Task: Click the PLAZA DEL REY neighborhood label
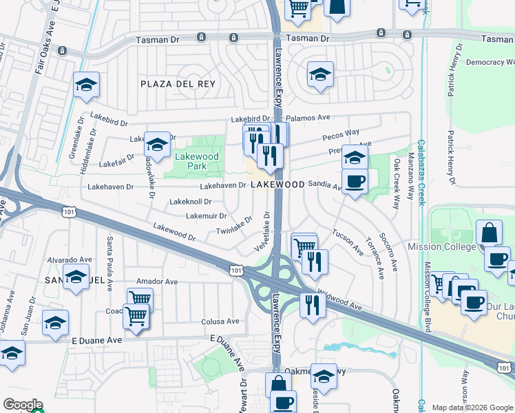[x=178, y=84]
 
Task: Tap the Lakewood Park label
[x=196, y=161]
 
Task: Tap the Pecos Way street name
[x=343, y=132]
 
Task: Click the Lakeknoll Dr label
[x=189, y=202]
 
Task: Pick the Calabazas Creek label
[x=420, y=179]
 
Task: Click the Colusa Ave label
[x=220, y=321]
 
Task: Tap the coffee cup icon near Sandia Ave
[x=355, y=182]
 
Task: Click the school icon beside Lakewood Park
[x=157, y=145]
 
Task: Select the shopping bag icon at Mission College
[x=488, y=233]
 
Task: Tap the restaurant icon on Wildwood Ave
[x=313, y=304]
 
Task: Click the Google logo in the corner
[x=23, y=404]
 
